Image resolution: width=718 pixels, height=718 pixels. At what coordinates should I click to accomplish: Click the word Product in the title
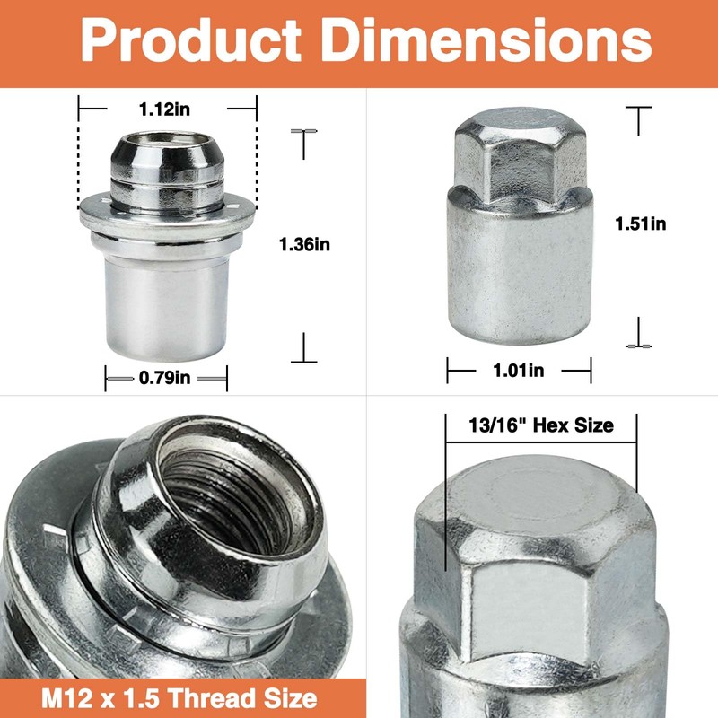pyautogui.click(x=191, y=40)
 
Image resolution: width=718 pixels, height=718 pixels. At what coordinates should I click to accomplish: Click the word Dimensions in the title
pyautogui.click(x=486, y=39)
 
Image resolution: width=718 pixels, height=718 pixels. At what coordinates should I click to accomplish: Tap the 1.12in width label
pyautogui.click(x=164, y=109)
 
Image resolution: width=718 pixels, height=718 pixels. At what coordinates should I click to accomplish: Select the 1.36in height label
pyautogui.click(x=304, y=244)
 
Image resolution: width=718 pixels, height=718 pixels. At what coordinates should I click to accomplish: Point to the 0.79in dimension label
pyautogui.click(x=164, y=378)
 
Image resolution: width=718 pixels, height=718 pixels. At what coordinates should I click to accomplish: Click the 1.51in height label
pyautogui.click(x=640, y=223)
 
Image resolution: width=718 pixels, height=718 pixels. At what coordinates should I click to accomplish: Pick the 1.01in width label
pyautogui.click(x=519, y=370)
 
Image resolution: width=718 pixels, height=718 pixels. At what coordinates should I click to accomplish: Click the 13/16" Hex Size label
pyautogui.click(x=541, y=425)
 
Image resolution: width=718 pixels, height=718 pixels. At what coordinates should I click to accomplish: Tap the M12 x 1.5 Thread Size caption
pyautogui.click(x=179, y=699)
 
